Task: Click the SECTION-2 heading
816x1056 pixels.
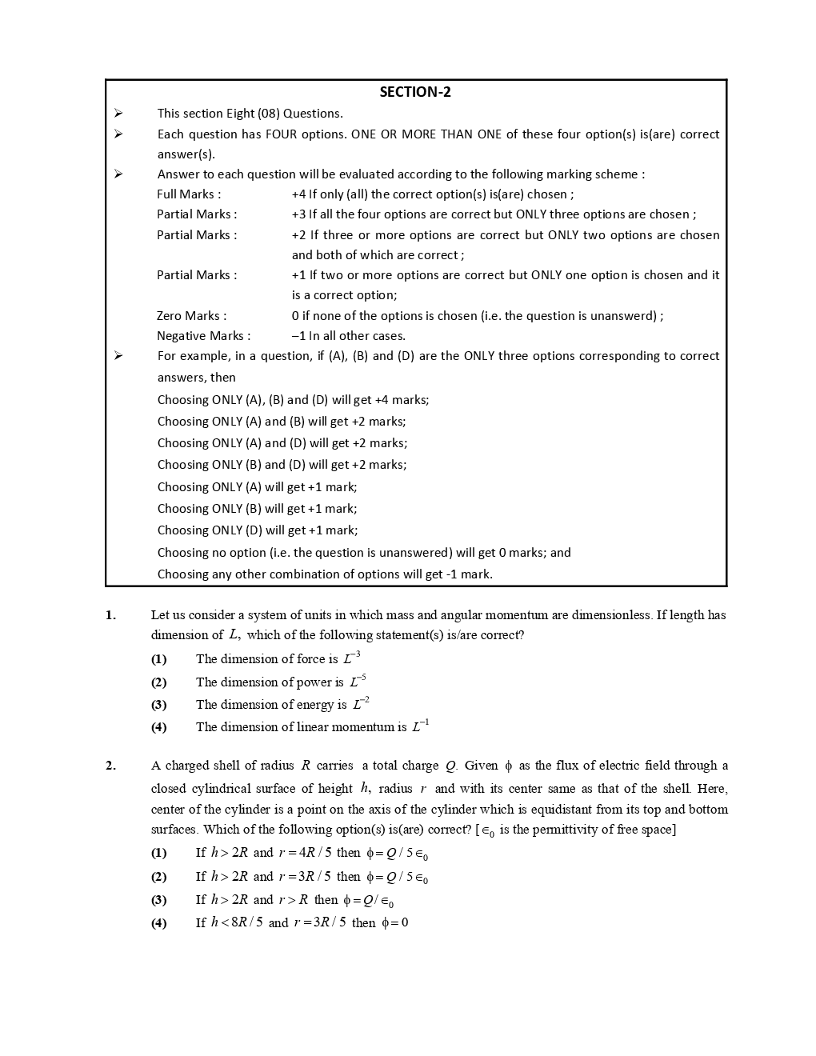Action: [x=414, y=92]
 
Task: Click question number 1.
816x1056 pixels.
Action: [x=110, y=615]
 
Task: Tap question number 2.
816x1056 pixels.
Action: [x=110, y=766]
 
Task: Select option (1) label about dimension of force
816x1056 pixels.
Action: [x=159, y=659]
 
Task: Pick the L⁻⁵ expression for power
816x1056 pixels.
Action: [x=358, y=682]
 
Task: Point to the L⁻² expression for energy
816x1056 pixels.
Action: [x=361, y=704]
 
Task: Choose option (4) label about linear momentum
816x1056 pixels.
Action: [x=159, y=727]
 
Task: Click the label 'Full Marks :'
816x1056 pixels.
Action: [x=189, y=194]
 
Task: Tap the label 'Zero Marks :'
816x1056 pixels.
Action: [x=191, y=316]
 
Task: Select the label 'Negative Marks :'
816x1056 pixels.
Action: [x=203, y=336]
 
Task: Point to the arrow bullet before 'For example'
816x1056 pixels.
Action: [x=118, y=356]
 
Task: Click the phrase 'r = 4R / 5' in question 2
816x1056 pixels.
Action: [x=305, y=853]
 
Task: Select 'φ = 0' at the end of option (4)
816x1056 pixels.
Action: [x=395, y=923]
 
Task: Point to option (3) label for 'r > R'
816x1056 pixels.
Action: [x=159, y=900]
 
